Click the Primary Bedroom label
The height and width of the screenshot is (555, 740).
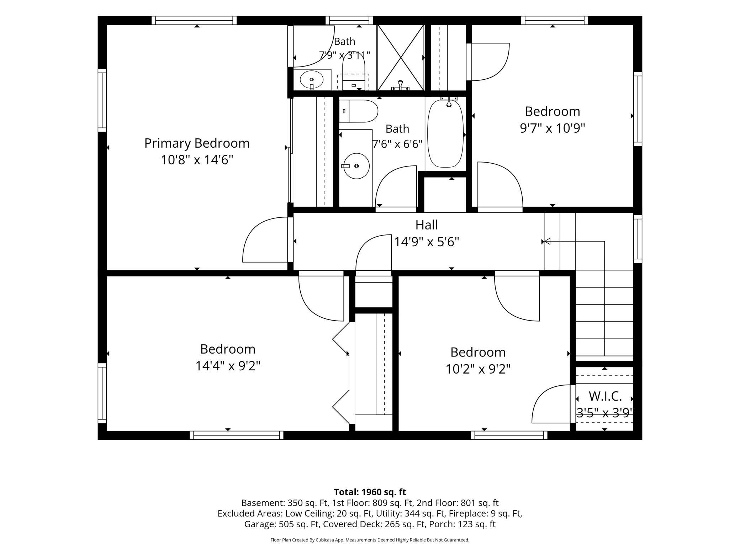(x=197, y=143)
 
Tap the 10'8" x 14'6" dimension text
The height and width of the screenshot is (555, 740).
(x=197, y=160)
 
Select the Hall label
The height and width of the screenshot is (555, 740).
(x=427, y=225)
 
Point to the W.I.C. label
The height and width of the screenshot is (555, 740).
(x=605, y=396)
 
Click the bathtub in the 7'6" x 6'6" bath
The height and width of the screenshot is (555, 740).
(x=445, y=133)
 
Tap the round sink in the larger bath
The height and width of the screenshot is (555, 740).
(x=356, y=166)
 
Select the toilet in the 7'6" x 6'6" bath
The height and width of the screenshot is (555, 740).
(x=358, y=111)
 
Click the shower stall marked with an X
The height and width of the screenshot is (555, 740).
(x=401, y=57)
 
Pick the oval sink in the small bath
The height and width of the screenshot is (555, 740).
(x=312, y=80)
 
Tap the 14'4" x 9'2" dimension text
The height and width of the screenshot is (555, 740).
(x=228, y=366)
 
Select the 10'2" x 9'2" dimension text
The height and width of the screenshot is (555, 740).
(x=478, y=369)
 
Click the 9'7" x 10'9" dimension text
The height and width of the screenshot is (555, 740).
(x=553, y=128)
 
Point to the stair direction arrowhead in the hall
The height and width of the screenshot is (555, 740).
(x=547, y=242)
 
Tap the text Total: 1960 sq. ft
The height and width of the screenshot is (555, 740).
(x=370, y=492)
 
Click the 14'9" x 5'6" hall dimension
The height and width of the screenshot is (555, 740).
(x=427, y=242)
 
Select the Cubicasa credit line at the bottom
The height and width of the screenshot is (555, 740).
(x=370, y=540)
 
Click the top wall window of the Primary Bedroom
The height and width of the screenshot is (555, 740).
(x=194, y=20)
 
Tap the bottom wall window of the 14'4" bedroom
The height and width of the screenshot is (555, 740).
(x=237, y=435)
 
